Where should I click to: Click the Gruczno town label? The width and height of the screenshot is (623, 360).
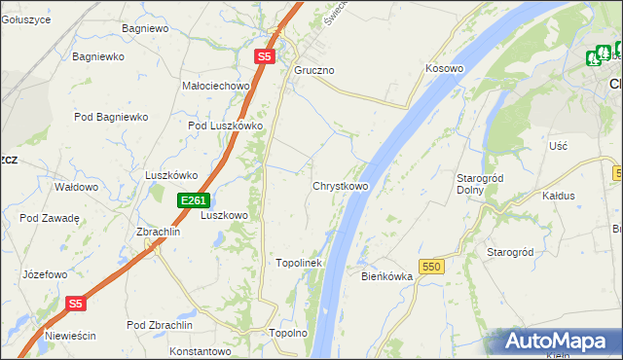pyautogui.click(x=314, y=71)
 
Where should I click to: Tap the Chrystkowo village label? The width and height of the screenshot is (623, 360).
pyautogui.click(x=340, y=186)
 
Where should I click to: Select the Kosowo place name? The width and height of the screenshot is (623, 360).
pyautogui.click(x=444, y=69)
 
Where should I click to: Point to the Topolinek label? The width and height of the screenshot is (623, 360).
pyautogui.click(x=299, y=263)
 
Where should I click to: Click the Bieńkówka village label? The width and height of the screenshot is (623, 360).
pyautogui.click(x=387, y=276)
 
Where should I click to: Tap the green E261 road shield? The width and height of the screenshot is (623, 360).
pyautogui.click(x=193, y=200)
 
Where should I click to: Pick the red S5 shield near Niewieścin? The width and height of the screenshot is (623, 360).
pyautogui.click(x=77, y=304)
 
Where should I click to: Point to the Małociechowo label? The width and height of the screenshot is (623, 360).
pyautogui.click(x=217, y=86)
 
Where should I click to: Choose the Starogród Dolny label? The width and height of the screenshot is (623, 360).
pyautogui.click(x=478, y=184)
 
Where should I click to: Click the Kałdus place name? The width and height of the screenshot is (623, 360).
pyautogui.click(x=558, y=196)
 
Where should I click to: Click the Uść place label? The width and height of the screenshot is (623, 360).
pyautogui.click(x=558, y=145)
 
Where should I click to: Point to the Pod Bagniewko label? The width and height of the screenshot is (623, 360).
pyautogui.click(x=111, y=117)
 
